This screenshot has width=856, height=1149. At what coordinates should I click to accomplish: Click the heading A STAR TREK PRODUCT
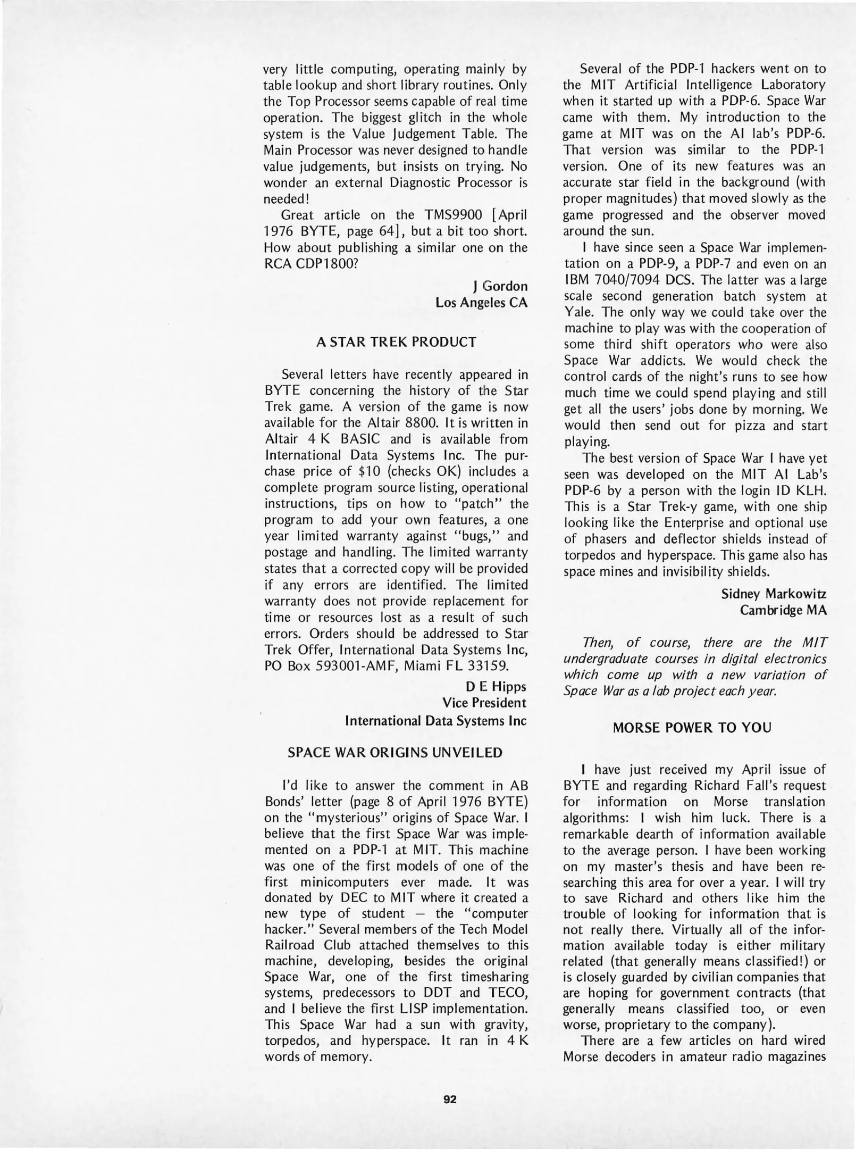[x=396, y=342]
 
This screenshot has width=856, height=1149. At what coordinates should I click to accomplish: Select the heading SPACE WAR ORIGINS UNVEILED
[x=395, y=752]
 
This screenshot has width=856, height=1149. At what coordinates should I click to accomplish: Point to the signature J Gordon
[x=500, y=286]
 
